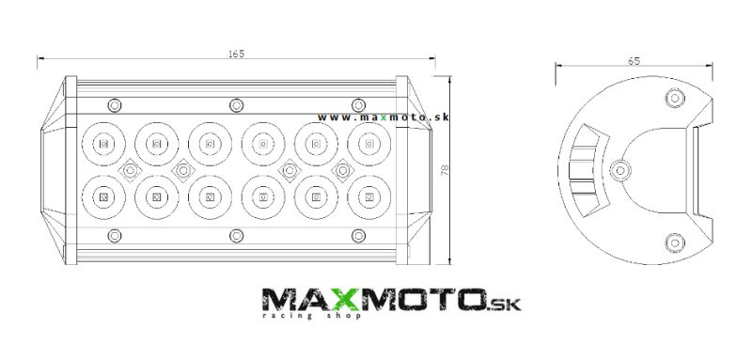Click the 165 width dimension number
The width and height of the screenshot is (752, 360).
pyautogui.click(x=236, y=54)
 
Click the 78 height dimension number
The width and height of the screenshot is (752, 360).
pyautogui.click(x=445, y=169)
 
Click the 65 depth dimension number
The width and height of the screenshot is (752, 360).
pyautogui.click(x=634, y=61)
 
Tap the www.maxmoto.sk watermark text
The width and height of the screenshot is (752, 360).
pyautogui.click(x=384, y=117)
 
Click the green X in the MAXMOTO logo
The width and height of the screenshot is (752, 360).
pyautogui.click(x=343, y=300)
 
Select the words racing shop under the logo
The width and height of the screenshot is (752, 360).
pyautogui.click(x=311, y=316)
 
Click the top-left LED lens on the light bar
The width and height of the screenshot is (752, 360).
pyautogui.click(x=103, y=143)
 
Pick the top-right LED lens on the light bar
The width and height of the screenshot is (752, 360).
pyautogui.click(x=368, y=143)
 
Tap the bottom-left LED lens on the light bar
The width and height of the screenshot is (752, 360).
pyautogui.click(x=103, y=196)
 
